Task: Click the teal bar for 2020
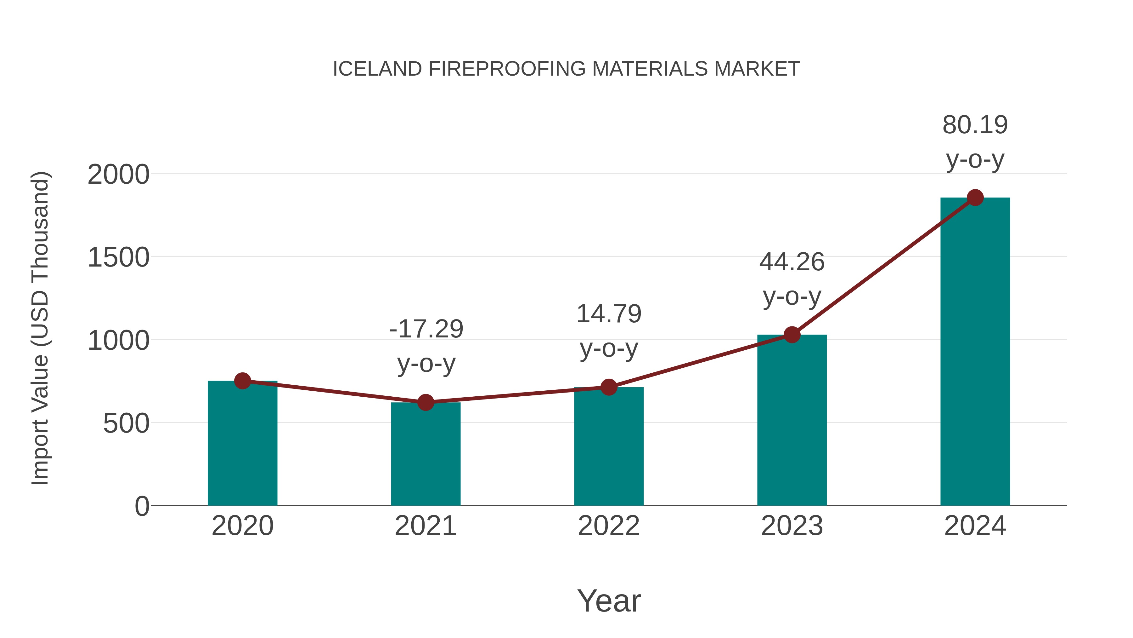pos(242,445)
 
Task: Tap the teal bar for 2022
pos(609,447)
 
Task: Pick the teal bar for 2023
pos(792,421)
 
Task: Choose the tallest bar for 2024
pos(975,352)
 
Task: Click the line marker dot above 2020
pos(242,381)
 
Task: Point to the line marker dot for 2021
pos(425,402)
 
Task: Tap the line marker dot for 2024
pos(975,198)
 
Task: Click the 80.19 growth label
pos(975,125)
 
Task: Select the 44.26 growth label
pos(792,262)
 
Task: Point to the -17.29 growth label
pos(426,329)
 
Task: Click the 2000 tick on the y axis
pos(118,175)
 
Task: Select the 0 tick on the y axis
pos(142,506)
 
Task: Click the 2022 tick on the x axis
pos(609,526)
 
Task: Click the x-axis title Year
pos(609,601)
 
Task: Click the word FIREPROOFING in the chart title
pos(507,69)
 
